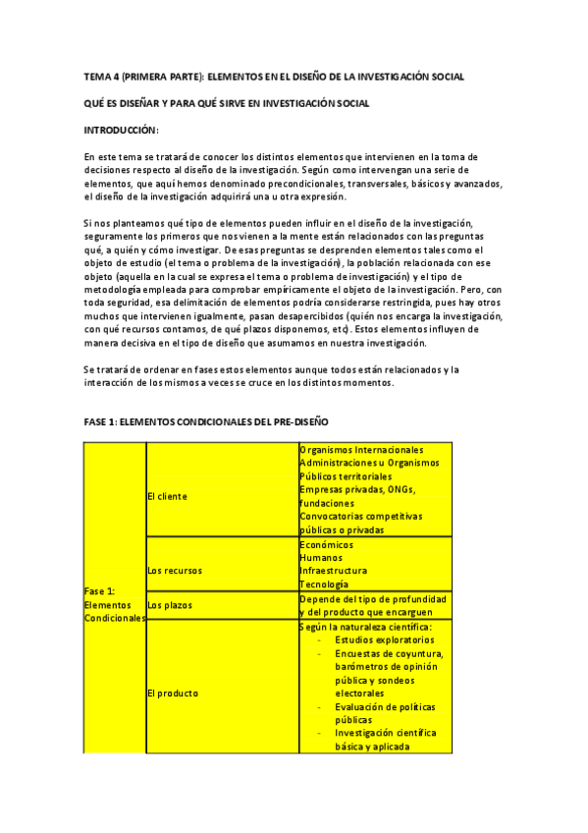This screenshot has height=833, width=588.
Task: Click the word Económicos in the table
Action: [327, 544]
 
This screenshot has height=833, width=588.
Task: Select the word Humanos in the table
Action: [322, 557]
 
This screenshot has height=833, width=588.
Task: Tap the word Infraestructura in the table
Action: [334, 570]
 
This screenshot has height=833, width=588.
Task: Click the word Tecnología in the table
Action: [326, 583]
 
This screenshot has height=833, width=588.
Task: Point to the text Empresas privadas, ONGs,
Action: [358, 489]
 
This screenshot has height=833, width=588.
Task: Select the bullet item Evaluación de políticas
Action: [385, 706]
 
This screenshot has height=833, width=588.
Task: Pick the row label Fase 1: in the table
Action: [101, 591]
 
